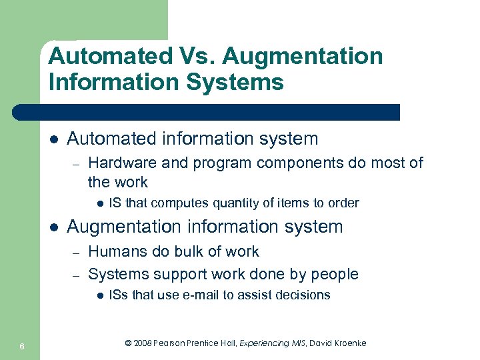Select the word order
coord(344,203)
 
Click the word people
coord(335,274)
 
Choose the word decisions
coord(305,295)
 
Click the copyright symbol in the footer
coord(129,343)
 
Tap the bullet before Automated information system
coord(53,139)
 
